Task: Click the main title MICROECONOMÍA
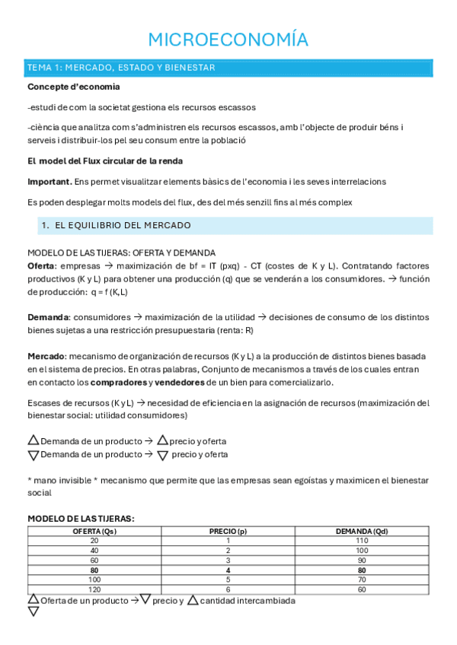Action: [228, 40]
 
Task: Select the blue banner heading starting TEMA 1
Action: [121, 68]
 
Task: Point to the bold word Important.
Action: [50, 181]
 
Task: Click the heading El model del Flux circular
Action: [104, 160]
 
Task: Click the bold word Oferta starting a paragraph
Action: [41, 266]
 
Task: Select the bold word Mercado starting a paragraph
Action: [46, 356]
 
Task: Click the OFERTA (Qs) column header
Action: [94, 531]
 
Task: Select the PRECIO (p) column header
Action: [228, 531]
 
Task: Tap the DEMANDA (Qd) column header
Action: [362, 531]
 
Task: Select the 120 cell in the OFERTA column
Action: [94, 589]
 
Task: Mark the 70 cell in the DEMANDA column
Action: [362, 579]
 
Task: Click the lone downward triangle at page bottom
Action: [33, 611]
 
